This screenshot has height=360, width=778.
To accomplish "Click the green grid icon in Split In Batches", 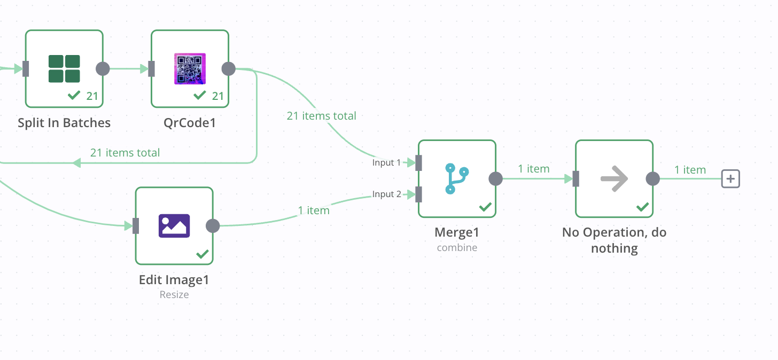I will tap(64, 69).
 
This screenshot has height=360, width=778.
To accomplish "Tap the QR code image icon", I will tap(190, 69).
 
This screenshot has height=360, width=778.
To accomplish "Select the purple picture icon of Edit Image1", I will tap(174, 225).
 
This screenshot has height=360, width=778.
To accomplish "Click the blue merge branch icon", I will tap(457, 178).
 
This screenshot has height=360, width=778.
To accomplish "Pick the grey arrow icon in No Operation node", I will tap(614, 178).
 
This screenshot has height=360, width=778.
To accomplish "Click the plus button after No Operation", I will tap(730, 178).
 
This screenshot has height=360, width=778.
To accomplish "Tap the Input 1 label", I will tap(386, 162).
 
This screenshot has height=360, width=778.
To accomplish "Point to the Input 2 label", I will tap(386, 194).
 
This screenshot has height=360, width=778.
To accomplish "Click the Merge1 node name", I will tap(457, 232).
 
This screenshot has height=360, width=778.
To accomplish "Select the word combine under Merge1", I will tap(457, 248).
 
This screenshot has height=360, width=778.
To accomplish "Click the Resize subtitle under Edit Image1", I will tap(174, 294).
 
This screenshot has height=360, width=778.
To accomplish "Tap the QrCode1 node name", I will tap(190, 123).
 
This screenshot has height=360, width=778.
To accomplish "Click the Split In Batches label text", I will tap(64, 123).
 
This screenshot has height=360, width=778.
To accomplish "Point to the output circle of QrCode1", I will tap(228, 69).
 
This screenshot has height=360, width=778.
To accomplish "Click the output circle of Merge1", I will tap(495, 178).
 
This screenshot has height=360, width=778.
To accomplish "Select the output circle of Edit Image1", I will tap(213, 226).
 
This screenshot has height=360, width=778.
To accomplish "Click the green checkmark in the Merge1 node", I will tap(485, 207).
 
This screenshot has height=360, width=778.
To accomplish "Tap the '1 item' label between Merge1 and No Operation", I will tap(533, 169).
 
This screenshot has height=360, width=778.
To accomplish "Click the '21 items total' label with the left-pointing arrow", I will tap(125, 153).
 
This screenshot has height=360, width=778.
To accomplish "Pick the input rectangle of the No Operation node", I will tap(575, 178).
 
